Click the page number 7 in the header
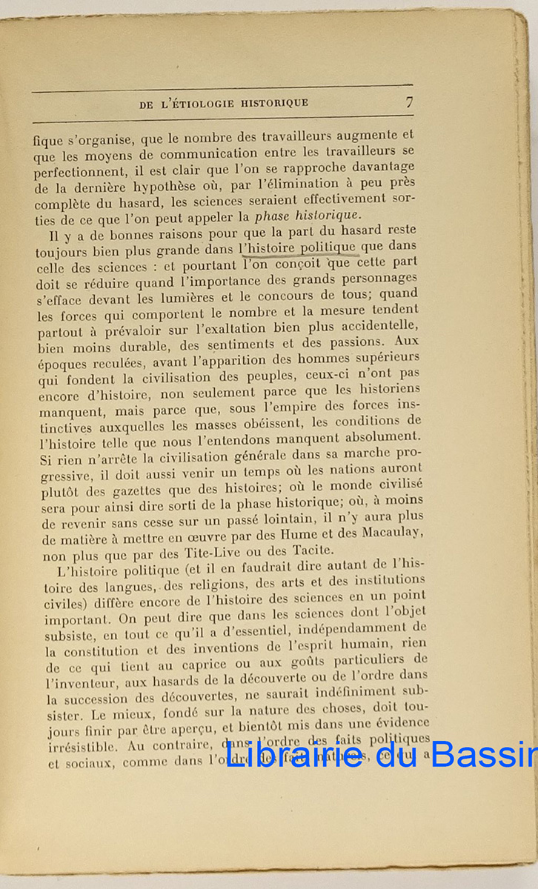(409, 102)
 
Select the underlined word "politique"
(326, 247)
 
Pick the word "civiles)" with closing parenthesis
(60, 604)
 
